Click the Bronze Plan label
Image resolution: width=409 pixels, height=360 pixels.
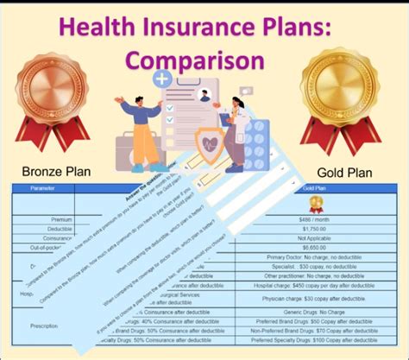(x=55, y=171)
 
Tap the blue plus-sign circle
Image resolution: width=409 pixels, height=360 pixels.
(x=161, y=80)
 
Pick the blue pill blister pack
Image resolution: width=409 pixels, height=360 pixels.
(x=257, y=142)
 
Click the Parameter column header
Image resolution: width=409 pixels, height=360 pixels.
(x=40, y=187)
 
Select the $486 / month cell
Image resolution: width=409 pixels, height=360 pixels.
(x=316, y=220)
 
